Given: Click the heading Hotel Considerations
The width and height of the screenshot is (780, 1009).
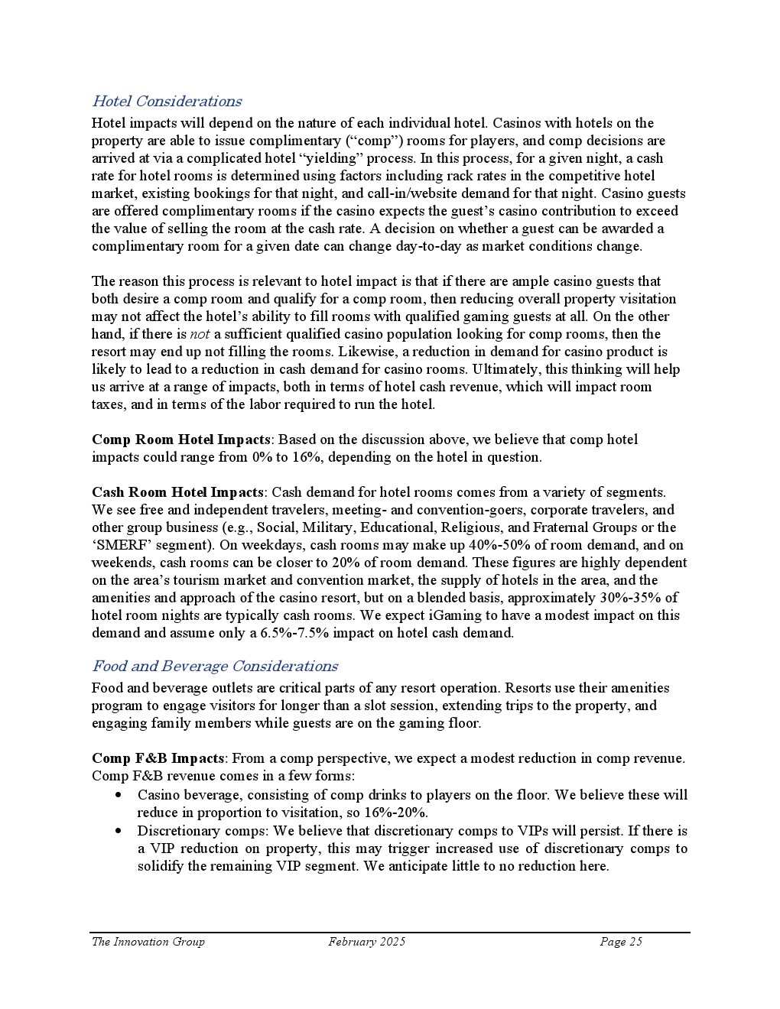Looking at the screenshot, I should (x=166, y=101).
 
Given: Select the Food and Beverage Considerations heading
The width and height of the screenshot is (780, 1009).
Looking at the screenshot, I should (x=214, y=666).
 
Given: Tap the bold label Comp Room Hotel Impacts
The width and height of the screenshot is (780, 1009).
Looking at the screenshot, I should (x=180, y=440).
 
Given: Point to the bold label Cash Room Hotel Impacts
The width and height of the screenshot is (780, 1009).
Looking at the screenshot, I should (x=177, y=492).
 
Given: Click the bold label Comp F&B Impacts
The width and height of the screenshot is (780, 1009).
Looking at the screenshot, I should (x=158, y=758).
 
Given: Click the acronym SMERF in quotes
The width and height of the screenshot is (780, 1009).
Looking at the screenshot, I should (x=119, y=545).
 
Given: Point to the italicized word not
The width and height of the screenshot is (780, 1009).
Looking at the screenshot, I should (x=200, y=334).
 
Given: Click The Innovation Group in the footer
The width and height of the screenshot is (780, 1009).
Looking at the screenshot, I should (x=148, y=942).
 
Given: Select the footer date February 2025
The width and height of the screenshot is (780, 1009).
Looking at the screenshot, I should (x=367, y=942).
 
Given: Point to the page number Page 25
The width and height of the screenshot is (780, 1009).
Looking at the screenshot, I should (x=621, y=942).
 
